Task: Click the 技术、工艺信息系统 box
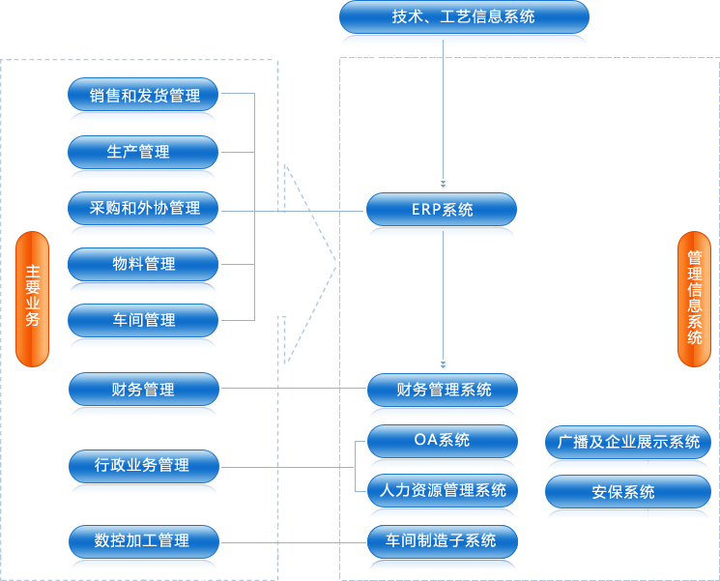(464, 17)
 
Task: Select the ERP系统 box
(442, 210)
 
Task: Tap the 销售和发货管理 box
(143, 95)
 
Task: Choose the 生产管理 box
(143, 152)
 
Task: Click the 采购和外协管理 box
(143, 209)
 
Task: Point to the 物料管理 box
(143, 265)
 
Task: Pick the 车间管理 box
(143, 321)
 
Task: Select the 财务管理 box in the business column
(144, 390)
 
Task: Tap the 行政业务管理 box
(144, 467)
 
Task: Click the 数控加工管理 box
(144, 542)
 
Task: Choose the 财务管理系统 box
(443, 391)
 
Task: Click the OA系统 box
(443, 442)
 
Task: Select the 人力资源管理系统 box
(443, 491)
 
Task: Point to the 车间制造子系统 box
(443, 542)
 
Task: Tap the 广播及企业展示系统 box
(628, 443)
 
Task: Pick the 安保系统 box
(628, 492)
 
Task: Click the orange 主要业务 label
(32, 299)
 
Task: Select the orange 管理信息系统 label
(694, 299)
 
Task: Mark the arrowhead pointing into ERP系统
(443, 185)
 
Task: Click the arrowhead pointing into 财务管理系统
(443, 365)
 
